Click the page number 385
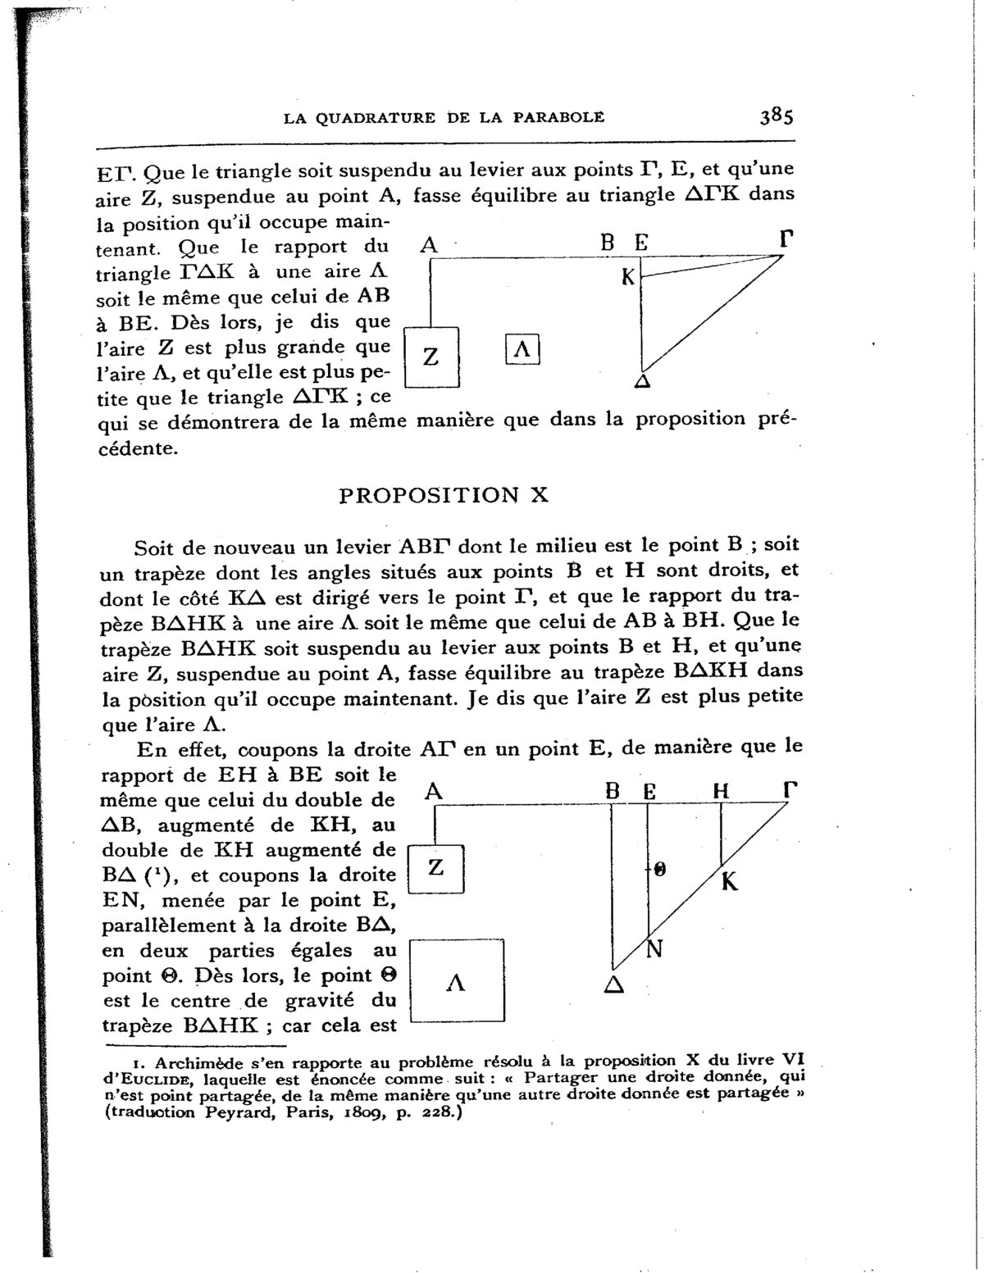pyautogui.click(x=777, y=116)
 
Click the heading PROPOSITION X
pyautogui.click(x=444, y=495)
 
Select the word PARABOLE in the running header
pyautogui.click(x=558, y=117)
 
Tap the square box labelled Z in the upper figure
pyautogui.click(x=432, y=357)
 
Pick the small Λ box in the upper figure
pyautogui.click(x=522, y=350)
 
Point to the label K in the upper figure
pyautogui.click(x=628, y=278)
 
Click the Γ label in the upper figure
pyautogui.click(x=787, y=239)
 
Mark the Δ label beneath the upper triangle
pyautogui.click(x=644, y=382)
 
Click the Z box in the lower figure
pyautogui.click(x=437, y=868)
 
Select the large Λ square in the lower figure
pyautogui.click(x=456, y=982)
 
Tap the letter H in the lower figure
pyautogui.click(x=721, y=791)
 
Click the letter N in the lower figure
pyautogui.click(x=655, y=949)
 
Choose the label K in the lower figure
pyautogui.click(x=730, y=882)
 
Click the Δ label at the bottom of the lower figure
pyautogui.click(x=613, y=985)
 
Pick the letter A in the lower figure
pyautogui.click(x=435, y=791)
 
